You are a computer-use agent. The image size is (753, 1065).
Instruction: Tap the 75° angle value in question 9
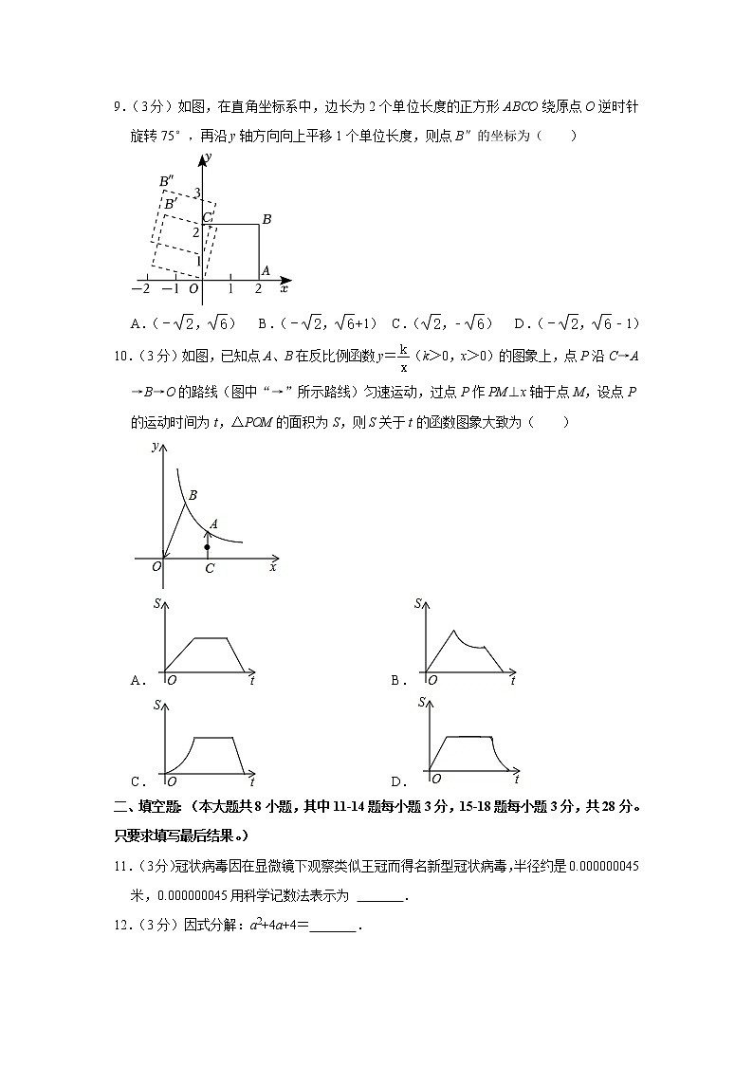(164, 136)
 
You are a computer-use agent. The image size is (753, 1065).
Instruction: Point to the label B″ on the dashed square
(166, 180)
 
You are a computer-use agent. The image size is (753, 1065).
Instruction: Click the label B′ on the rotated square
(170, 203)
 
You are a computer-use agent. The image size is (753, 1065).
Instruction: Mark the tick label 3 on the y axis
(197, 194)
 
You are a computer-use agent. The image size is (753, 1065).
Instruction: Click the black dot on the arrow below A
(208, 547)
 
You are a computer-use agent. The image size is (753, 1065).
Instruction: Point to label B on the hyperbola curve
(193, 495)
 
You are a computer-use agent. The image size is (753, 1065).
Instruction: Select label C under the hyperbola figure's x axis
(210, 568)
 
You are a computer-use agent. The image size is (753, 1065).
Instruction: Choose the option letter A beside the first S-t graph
(138, 680)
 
